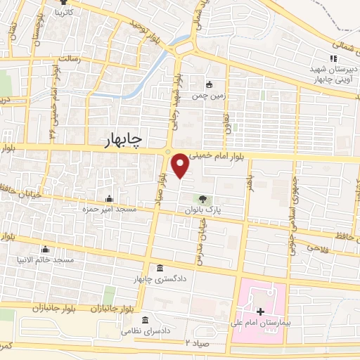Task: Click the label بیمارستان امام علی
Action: coord(259,324)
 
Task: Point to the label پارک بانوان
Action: coord(203,210)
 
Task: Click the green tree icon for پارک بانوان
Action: coord(203,199)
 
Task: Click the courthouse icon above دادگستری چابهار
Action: coord(161,268)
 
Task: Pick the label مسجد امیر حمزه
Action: coord(109,210)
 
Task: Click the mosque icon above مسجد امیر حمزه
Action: coord(109,198)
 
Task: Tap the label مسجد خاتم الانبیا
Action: coord(45,259)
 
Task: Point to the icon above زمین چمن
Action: coord(209,84)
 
